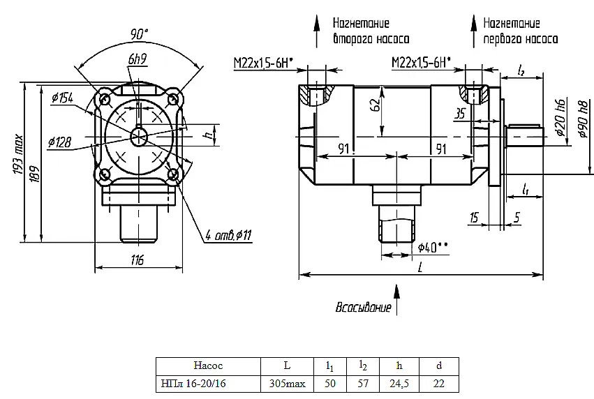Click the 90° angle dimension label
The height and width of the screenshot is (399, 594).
(139, 34)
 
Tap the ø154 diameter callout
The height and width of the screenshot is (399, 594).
(62, 98)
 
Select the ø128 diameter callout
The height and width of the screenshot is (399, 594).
(59, 142)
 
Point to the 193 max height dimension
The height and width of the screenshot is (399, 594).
(19, 155)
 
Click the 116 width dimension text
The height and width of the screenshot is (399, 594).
(138, 260)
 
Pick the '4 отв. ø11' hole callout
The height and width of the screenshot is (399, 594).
(228, 236)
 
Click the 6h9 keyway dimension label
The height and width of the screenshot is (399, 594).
(137, 59)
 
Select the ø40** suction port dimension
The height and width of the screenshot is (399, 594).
(433, 247)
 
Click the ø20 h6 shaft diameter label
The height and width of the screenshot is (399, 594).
(560, 117)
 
